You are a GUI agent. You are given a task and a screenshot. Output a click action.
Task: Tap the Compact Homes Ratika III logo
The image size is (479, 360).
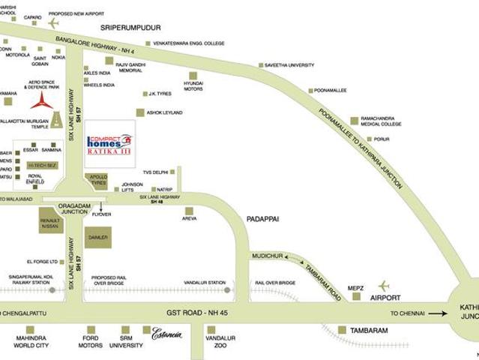click(109, 144)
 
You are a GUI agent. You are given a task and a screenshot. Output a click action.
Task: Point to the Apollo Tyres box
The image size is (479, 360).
click(97, 181)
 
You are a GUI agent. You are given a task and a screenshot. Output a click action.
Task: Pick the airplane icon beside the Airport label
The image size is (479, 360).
click(384, 286)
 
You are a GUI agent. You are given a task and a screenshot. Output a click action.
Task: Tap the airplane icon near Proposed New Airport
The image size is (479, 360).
click(53, 22)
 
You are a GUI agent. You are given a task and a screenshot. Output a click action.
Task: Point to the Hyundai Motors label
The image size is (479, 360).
click(193, 85)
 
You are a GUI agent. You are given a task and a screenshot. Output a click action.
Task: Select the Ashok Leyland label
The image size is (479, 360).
click(164, 112)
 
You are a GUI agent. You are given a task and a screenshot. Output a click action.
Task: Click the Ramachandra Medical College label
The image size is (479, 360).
click(381, 121)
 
